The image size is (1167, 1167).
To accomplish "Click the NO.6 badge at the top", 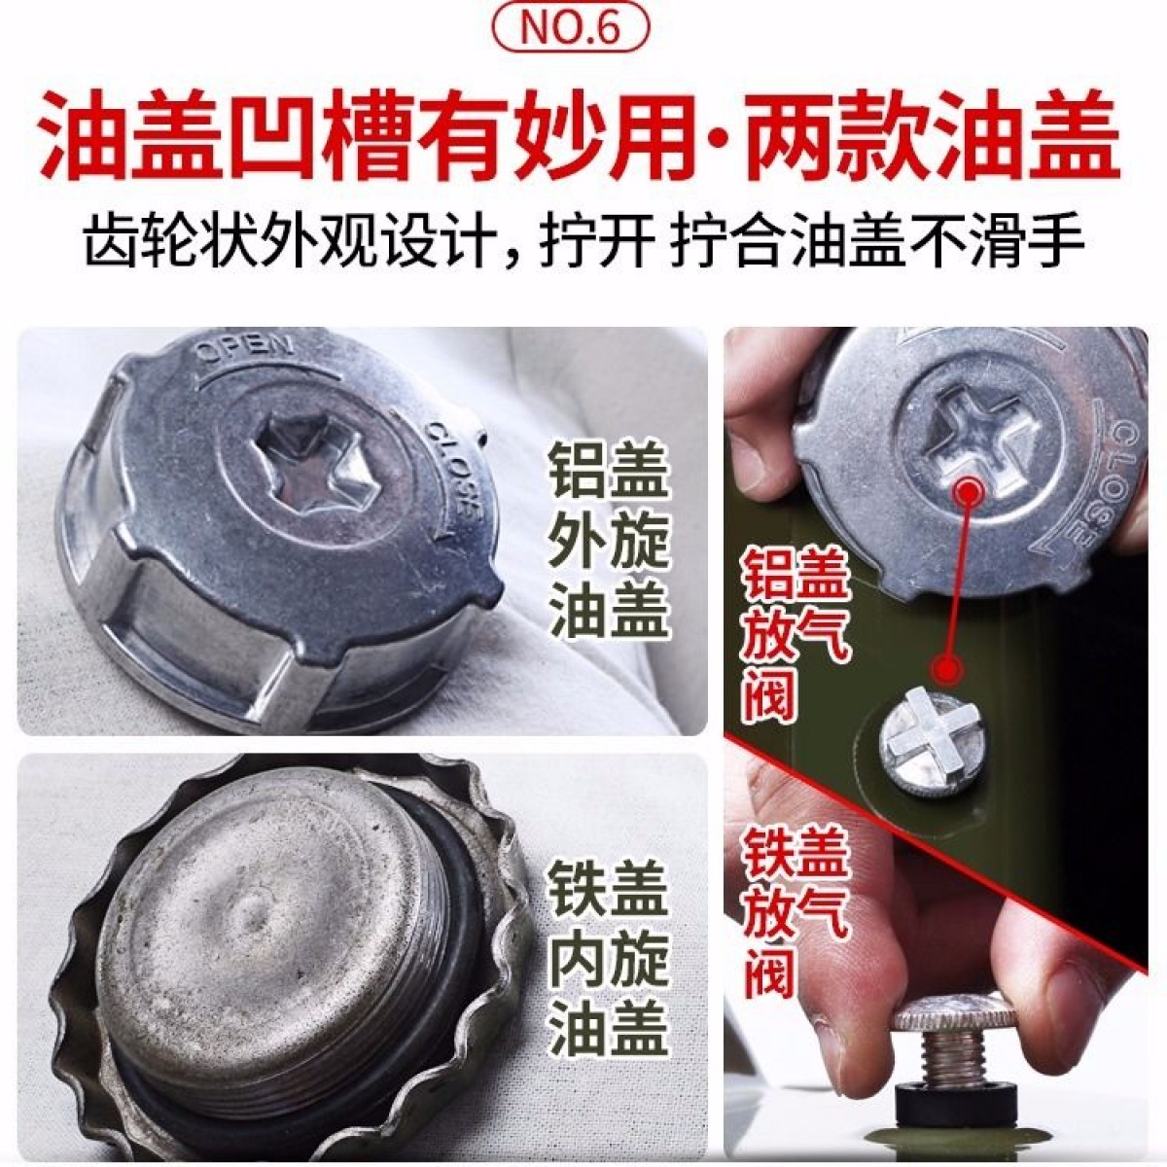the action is pyautogui.click(x=571, y=29).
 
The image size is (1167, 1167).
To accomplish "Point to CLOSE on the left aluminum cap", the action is pyautogui.click(x=454, y=473).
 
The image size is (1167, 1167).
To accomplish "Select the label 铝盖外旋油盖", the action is pyautogui.click(x=608, y=540).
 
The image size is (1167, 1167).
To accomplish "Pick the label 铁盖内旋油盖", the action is pyautogui.click(x=608, y=962).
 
